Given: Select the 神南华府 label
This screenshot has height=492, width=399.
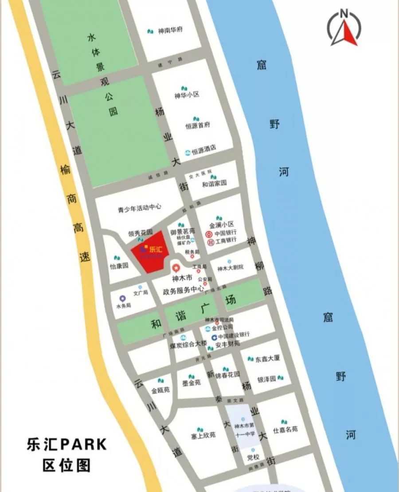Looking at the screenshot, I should point(170,31).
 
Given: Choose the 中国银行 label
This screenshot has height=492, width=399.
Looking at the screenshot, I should point(226,233).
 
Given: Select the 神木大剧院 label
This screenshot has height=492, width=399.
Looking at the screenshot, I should point(231,268).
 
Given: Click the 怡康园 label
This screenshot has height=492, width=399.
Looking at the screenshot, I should point(119,266).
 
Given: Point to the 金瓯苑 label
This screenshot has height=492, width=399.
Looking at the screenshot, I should point(160,391).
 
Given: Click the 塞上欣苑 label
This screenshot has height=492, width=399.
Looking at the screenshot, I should point(203,436).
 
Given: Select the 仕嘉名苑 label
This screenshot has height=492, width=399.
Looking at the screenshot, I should point(285,429).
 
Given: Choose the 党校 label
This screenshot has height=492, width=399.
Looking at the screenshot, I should point(253,457).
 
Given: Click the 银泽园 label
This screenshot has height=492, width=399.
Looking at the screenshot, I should point(267,379).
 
